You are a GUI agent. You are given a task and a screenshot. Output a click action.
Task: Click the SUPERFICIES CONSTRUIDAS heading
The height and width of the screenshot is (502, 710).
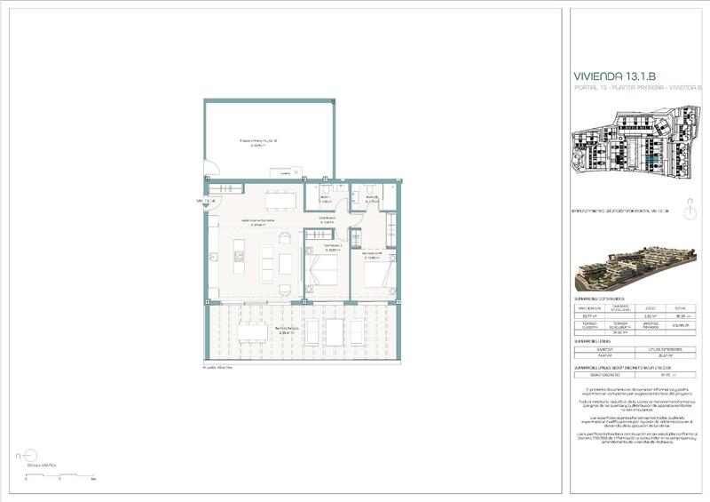point(603,300)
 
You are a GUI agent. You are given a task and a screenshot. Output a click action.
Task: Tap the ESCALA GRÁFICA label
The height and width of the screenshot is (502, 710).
point(42,464)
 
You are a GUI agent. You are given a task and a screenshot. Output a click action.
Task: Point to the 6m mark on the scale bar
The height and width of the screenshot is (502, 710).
point(93,479)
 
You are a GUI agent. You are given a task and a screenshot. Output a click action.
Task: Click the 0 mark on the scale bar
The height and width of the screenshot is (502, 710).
point(26,479)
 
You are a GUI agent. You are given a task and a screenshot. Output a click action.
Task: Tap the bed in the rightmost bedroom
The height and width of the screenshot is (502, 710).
point(376,273)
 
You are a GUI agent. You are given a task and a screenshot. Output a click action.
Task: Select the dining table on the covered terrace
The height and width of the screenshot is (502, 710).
point(252,332)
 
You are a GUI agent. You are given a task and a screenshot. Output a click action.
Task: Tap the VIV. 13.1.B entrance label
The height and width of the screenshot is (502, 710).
point(206,201)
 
